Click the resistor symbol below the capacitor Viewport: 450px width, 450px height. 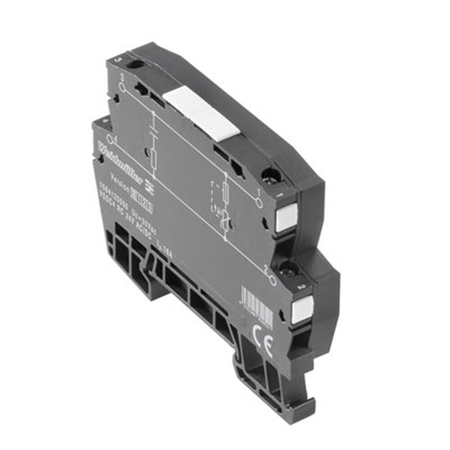tap(154, 157)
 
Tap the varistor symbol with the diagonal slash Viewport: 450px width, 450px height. tap(226, 220)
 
